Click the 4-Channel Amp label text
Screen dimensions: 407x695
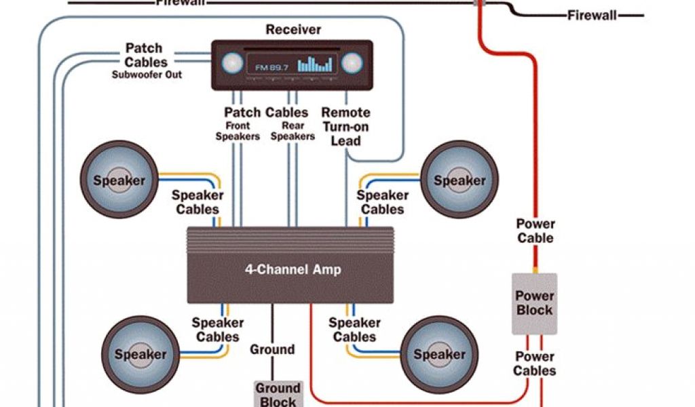click(x=293, y=269)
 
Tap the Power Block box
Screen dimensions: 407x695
click(x=534, y=303)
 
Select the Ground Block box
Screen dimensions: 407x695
click(x=277, y=394)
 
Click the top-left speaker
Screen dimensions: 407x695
click(x=119, y=180)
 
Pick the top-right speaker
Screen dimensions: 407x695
click(x=459, y=180)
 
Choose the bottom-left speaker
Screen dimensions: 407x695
click(x=140, y=354)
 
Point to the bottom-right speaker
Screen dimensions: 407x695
click(x=439, y=354)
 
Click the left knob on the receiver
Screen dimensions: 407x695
click(x=232, y=64)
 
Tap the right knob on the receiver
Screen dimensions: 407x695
click(x=351, y=64)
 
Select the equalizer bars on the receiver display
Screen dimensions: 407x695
click(x=316, y=64)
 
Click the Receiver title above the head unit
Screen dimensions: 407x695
click(x=293, y=29)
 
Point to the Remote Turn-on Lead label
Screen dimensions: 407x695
click(x=345, y=126)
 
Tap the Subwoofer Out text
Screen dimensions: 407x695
click(x=147, y=75)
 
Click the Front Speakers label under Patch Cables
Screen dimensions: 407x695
click(x=238, y=131)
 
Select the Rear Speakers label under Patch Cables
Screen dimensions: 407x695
click(x=293, y=131)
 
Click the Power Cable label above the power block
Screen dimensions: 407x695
click(x=536, y=231)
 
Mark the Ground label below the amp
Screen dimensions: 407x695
click(x=272, y=350)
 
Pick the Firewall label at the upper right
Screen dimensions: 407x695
click(x=592, y=15)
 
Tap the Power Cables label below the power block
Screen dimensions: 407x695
click(x=535, y=364)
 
